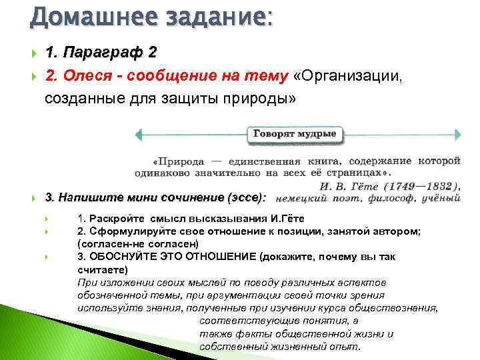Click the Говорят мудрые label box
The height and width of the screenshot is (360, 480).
[x=296, y=134]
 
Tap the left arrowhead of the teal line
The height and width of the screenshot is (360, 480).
[x=139, y=134]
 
